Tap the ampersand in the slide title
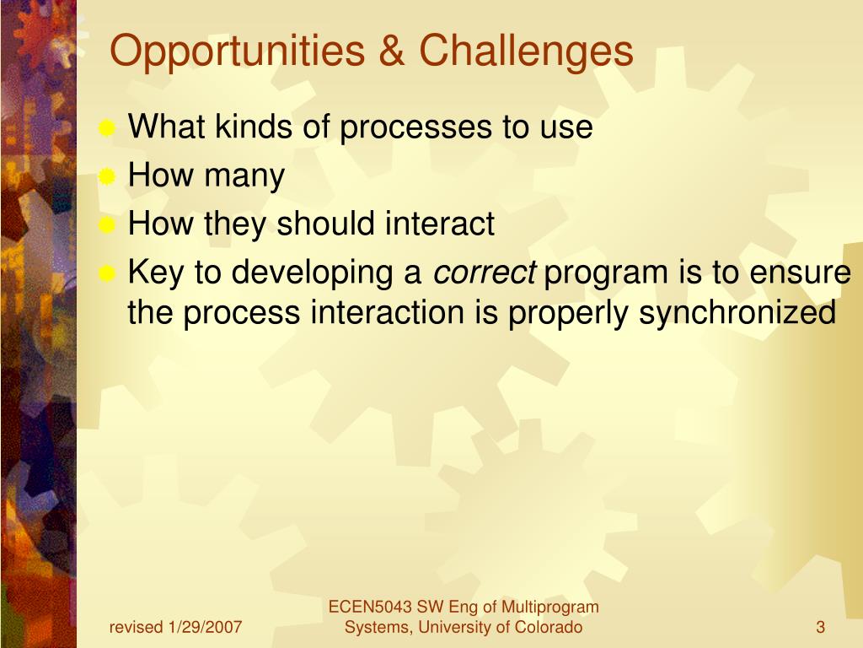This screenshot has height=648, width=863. pos(392,51)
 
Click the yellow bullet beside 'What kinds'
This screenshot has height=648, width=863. pos(106,128)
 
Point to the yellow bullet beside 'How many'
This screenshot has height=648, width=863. pos(106,177)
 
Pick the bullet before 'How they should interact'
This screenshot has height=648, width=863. pos(106,225)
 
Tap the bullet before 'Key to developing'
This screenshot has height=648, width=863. pos(106,274)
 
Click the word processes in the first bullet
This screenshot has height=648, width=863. pos(415,128)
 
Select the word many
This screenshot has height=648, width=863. pos(244,177)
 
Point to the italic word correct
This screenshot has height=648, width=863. pos(485,273)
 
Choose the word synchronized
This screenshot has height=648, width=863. pos(737,313)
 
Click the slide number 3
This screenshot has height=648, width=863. pos(821,627)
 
